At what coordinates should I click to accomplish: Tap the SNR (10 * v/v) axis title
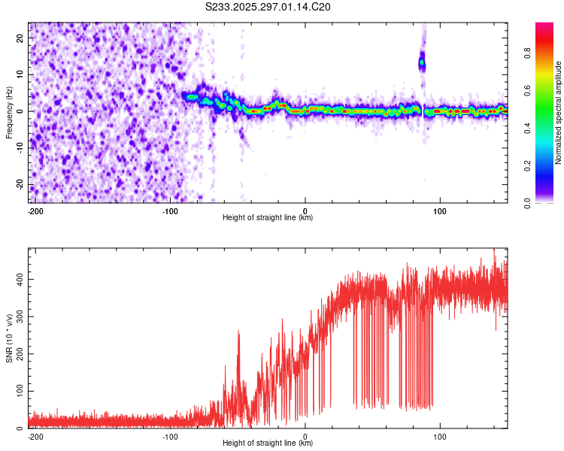point(9,338)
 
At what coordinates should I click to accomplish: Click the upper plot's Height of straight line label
point(268,218)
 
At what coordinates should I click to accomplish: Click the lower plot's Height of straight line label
point(268,443)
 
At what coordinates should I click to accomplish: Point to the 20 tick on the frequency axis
point(20,38)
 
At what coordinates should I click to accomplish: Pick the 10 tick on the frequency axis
point(20,74)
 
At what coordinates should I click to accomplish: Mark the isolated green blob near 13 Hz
point(422,63)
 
